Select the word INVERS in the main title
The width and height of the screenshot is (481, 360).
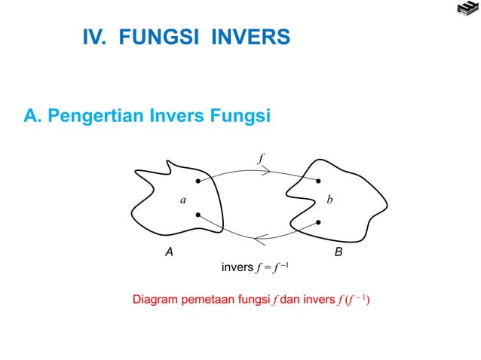250,37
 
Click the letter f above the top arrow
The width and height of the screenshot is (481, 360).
260,158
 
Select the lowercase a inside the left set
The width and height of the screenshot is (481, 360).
182,200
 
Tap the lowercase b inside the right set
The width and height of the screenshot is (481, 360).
330,200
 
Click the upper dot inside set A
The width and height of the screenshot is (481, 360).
198,182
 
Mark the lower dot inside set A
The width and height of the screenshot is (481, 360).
198,215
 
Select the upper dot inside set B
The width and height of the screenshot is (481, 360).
319,182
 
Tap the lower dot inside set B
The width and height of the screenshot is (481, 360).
320,222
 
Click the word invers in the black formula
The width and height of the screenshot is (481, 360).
235,267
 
